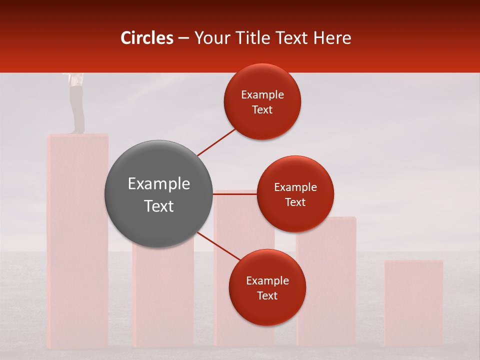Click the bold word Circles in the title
(147, 38)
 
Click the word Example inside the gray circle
(159, 184)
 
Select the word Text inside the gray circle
(159, 206)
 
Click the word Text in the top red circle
(262, 110)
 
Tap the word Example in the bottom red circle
(267, 281)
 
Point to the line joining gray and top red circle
(216, 142)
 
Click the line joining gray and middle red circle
(235, 194)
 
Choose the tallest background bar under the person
(77, 240)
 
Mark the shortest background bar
(413, 302)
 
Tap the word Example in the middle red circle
(295, 187)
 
